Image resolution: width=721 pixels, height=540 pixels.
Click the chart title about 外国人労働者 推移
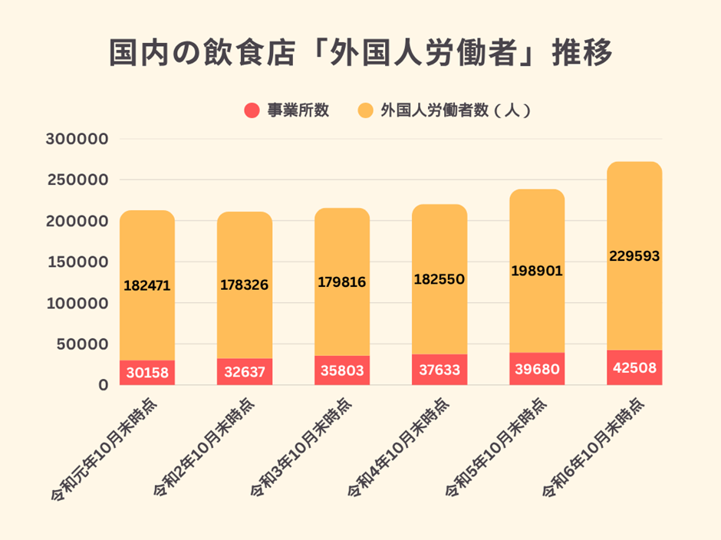coord(360,54)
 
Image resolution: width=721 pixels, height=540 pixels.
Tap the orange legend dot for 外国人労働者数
coord(366,110)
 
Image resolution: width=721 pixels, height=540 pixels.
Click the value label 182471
coord(147,285)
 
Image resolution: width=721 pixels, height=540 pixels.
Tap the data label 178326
coord(244,285)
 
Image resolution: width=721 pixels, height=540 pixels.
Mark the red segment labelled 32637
coord(244,372)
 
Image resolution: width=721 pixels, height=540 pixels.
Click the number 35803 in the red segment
coord(341,371)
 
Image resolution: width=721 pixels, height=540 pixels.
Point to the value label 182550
coord(439,279)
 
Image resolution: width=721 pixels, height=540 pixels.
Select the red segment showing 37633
coord(439,370)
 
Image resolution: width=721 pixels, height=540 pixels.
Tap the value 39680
coord(536,370)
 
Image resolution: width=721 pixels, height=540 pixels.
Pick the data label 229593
coord(634,256)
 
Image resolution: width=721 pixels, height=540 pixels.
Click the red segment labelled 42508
coord(634,367)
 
